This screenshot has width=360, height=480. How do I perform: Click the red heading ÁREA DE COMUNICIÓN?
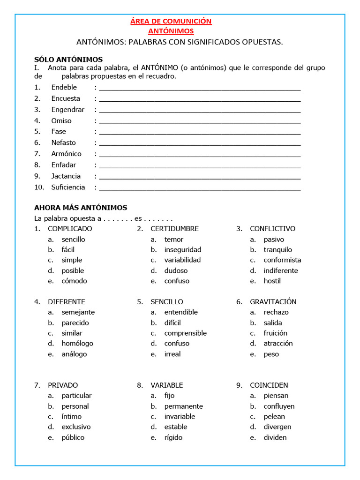pyautogui.click(x=171, y=21)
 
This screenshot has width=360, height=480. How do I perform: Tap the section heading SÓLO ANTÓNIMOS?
pyautogui.click(x=68, y=60)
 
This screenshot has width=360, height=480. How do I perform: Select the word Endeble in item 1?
pyautogui.click(x=64, y=87)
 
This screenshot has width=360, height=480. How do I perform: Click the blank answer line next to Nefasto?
pyautogui.click(x=200, y=143)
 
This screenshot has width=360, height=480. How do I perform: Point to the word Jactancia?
pyautogui.click(x=66, y=176)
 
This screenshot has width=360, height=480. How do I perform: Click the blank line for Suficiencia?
pyautogui.click(x=200, y=188)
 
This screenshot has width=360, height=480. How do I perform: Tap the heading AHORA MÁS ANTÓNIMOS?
pyautogui.click(x=81, y=208)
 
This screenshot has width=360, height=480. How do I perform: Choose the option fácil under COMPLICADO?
pyautogui.click(x=68, y=250)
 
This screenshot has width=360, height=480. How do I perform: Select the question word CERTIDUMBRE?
pyautogui.click(x=174, y=229)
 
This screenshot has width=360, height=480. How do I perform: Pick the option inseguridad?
pyautogui.click(x=182, y=250)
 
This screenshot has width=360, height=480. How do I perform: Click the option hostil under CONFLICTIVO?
pyautogui.click(x=272, y=281)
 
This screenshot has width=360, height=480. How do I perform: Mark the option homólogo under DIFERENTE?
pyautogui.click(x=77, y=344)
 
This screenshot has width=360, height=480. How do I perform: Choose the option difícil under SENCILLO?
pyautogui.click(x=172, y=323)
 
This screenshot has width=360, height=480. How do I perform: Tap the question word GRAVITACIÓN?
pyautogui.click(x=273, y=302)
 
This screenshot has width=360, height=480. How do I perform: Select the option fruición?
pyautogui.click(x=276, y=333)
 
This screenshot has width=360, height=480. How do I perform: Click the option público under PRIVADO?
pyautogui.click(x=73, y=437)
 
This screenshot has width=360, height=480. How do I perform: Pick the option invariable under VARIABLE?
pyautogui.click(x=180, y=417)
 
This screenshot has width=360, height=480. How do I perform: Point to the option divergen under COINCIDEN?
pyautogui.click(x=277, y=427)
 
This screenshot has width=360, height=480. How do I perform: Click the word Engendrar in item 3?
pyautogui.click(x=68, y=110)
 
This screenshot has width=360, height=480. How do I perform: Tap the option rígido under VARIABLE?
pyautogui.click(x=173, y=437)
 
